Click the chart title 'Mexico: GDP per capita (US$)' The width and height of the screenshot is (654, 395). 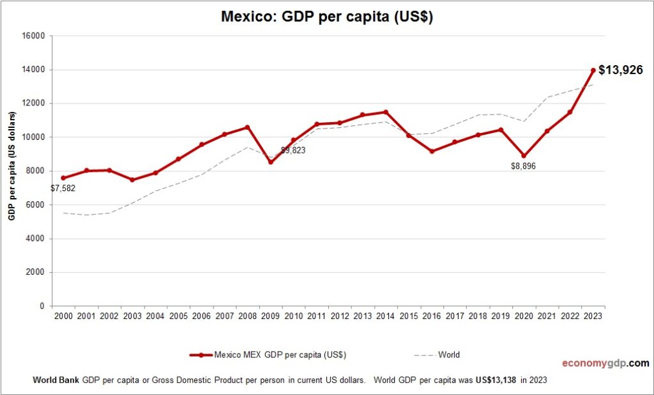click(x=327, y=17)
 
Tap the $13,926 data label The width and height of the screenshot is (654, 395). click(x=620, y=70)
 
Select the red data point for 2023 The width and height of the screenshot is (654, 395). click(x=593, y=70)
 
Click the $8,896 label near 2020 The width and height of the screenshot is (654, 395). click(x=524, y=167)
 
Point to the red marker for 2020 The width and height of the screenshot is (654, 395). click(x=524, y=155)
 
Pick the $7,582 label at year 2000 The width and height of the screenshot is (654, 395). click(x=63, y=189)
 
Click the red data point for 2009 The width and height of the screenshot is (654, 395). click(x=270, y=162)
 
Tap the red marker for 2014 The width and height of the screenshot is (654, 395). click(x=385, y=112)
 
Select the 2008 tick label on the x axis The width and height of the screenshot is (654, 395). click(x=247, y=316)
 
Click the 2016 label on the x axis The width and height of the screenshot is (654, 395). click(x=431, y=316)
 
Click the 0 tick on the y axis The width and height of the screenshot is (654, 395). click(x=42, y=306)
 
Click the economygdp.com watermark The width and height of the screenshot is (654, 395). click(x=605, y=364)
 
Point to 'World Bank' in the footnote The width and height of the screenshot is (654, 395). click(x=56, y=380)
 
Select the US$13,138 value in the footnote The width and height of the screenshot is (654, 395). click(x=496, y=380)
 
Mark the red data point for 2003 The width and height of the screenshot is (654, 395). click(x=132, y=180)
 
